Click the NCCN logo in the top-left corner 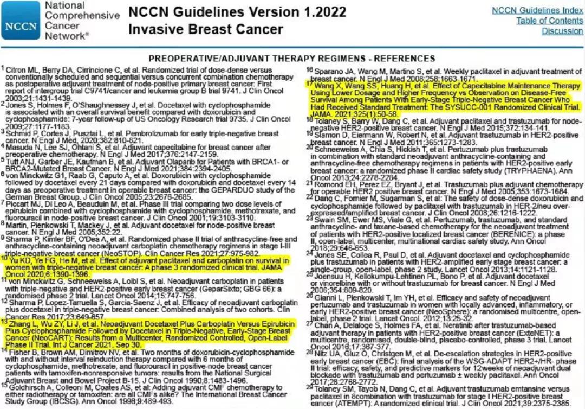click(x=21, y=21)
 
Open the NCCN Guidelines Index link click(x=537, y=10)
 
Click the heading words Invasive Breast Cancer click(x=206, y=29)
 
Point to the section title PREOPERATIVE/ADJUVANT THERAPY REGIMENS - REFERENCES click(x=293, y=58)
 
